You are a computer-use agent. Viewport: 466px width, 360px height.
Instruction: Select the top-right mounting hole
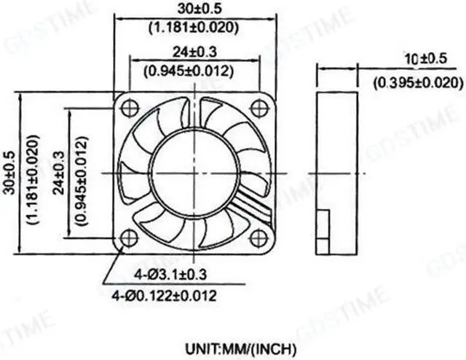tap(259, 108)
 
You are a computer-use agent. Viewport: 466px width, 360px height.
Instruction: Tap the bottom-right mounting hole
tap(259, 238)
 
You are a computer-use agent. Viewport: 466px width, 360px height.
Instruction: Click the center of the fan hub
tap(194, 173)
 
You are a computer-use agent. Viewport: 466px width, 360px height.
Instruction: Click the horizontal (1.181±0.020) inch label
tap(194, 28)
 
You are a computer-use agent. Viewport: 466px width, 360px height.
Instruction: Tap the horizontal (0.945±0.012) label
tap(194, 71)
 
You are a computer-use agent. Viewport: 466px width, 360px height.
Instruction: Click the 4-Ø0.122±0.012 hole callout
tap(164, 295)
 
